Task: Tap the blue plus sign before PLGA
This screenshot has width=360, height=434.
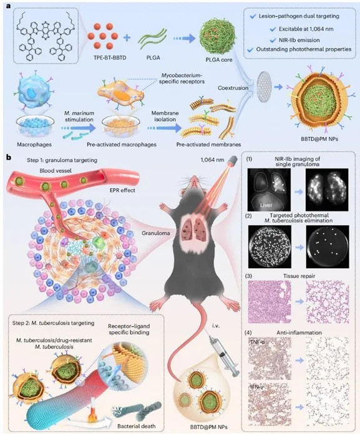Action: [127, 37]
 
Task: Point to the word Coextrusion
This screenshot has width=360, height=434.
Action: [233, 88]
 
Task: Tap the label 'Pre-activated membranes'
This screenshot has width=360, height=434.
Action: [209, 144]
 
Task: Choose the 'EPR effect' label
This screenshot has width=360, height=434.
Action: [122, 190]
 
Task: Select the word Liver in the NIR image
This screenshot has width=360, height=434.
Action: [266, 205]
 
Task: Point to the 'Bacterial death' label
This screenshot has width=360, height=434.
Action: [137, 426]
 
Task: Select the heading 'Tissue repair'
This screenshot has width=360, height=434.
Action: [299, 276]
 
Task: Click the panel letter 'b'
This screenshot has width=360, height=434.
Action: [9, 158]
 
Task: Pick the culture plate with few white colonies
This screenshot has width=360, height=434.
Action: [328, 246]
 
